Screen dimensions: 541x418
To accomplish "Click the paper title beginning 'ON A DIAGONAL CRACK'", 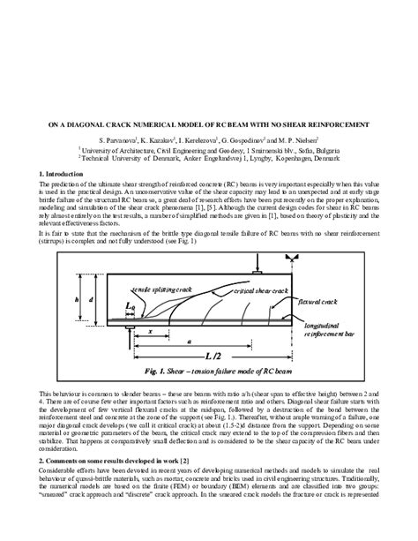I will (209, 125).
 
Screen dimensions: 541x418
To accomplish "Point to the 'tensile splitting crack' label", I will (162, 264).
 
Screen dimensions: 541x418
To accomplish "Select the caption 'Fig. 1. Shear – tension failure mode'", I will (209, 372).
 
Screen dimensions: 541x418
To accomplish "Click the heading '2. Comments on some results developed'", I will (109, 461).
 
